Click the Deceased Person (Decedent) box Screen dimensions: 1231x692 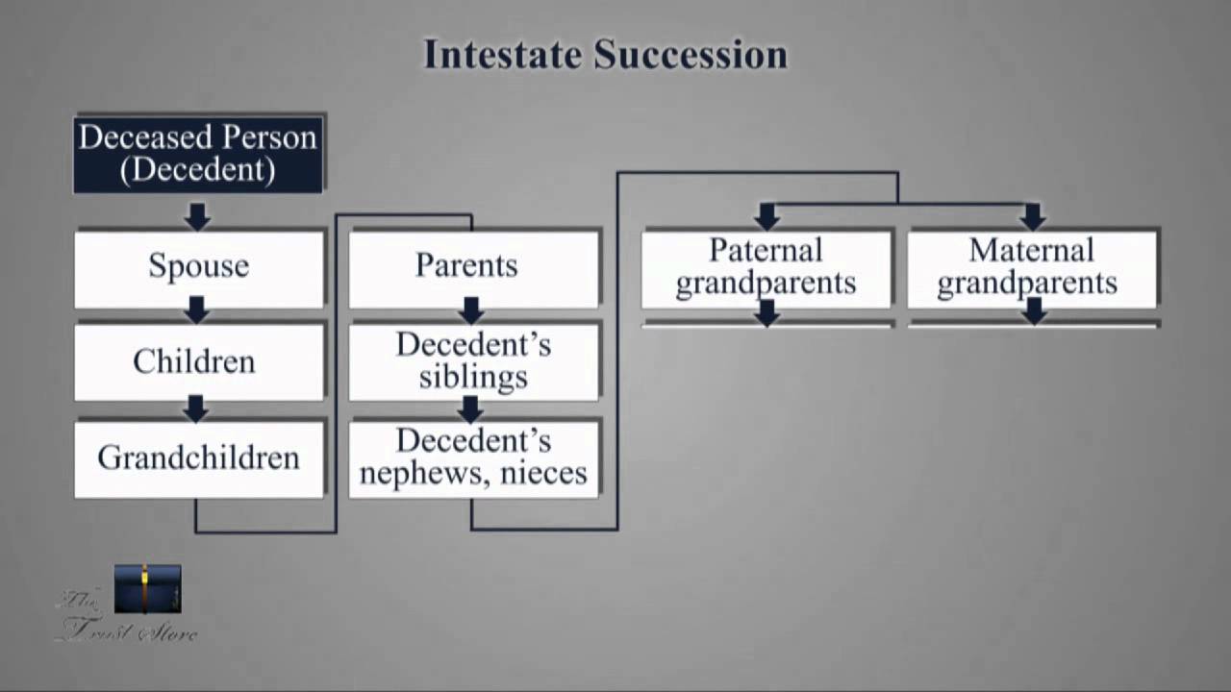coord(198,154)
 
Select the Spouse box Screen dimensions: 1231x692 coord(198,267)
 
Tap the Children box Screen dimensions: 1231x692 coord(198,362)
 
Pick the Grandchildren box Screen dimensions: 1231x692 coord(198,458)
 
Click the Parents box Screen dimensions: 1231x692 coord(471,267)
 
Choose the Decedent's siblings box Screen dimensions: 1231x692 coord(471,361)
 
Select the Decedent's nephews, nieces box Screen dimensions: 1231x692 coord(471,457)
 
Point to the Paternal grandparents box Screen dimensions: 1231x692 coord(766,267)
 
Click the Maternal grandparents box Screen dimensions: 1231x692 coord(1031,267)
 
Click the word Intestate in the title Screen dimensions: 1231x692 coord(502,55)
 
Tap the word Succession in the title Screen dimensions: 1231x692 coord(691,55)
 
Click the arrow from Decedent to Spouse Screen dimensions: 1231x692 coord(197,216)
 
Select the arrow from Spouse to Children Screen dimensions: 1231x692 coord(197,309)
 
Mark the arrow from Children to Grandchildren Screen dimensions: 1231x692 coord(196,408)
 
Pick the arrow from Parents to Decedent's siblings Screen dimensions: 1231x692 coord(470,309)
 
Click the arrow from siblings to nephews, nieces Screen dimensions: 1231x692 coord(470,409)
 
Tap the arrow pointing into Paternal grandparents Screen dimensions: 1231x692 coord(766,215)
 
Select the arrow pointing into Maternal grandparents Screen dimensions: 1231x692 coord(1032,215)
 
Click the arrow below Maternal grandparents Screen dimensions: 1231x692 coord(1034,311)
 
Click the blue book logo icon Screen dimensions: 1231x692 coord(147,589)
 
